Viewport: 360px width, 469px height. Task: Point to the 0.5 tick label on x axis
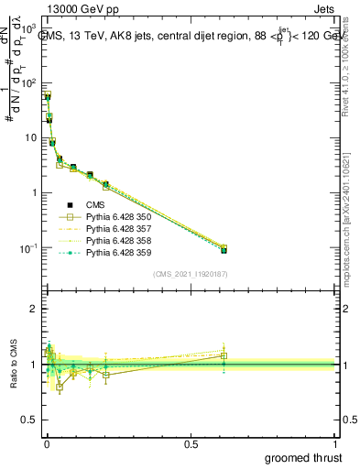tap(191, 442)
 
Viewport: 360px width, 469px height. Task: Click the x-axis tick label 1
tap(335, 442)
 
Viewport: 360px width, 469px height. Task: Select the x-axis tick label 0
tap(46, 442)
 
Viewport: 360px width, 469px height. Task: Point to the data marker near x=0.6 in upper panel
tap(224, 248)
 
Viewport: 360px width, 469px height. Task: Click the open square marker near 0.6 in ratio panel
tap(224, 355)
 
